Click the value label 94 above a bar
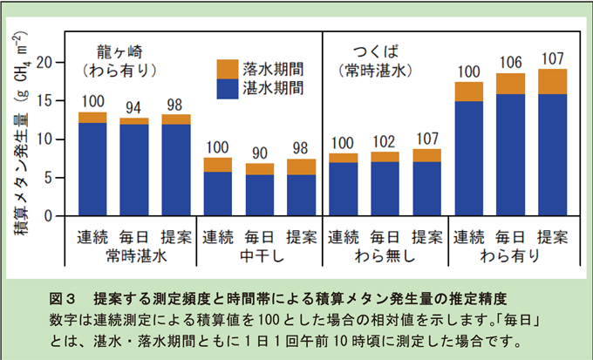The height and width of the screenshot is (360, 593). (x=134, y=109)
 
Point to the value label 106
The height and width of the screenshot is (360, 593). (x=510, y=64)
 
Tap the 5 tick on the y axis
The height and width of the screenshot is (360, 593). (x=51, y=178)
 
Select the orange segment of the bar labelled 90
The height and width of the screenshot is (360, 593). (x=259, y=169)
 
